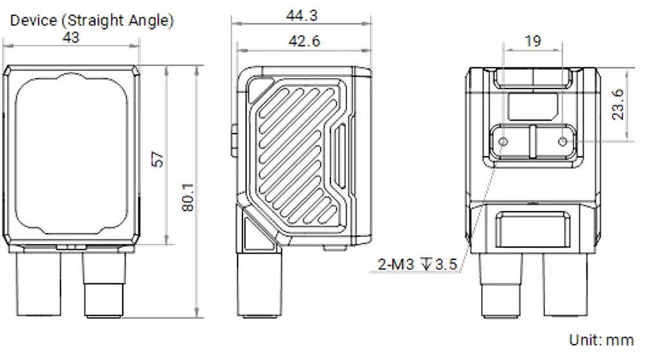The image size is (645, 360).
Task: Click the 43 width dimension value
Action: click(x=71, y=37)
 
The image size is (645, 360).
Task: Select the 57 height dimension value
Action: click(x=157, y=159)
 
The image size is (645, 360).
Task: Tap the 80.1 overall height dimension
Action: click(x=188, y=197)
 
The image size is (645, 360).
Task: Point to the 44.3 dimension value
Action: click(x=302, y=15)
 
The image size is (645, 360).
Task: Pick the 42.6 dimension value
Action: click(x=304, y=41)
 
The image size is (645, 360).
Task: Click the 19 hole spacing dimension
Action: click(x=533, y=41)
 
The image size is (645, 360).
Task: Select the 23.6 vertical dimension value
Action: click(x=618, y=105)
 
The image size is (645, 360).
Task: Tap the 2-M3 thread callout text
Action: click(x=417, y=264)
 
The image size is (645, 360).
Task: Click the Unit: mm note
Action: click(x=601, y=340)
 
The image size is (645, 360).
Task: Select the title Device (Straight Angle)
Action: click(x=92, y=20)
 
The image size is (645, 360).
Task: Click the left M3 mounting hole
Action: click(x=503, y=142)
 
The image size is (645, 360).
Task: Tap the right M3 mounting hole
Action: click(x=562, y=142)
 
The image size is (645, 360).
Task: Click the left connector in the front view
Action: click(x=39, y=284)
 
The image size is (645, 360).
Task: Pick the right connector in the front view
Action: click(x=104, y=285)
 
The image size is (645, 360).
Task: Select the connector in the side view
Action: click(x=259, y=285)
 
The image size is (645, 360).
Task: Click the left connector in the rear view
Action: click(x=501, y=285)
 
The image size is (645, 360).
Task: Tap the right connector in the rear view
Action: click(x=566, y=285)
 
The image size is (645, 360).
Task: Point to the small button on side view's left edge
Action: click(x=233, y=141)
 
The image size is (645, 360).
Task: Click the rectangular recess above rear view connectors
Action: click(x=532, y=230)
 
